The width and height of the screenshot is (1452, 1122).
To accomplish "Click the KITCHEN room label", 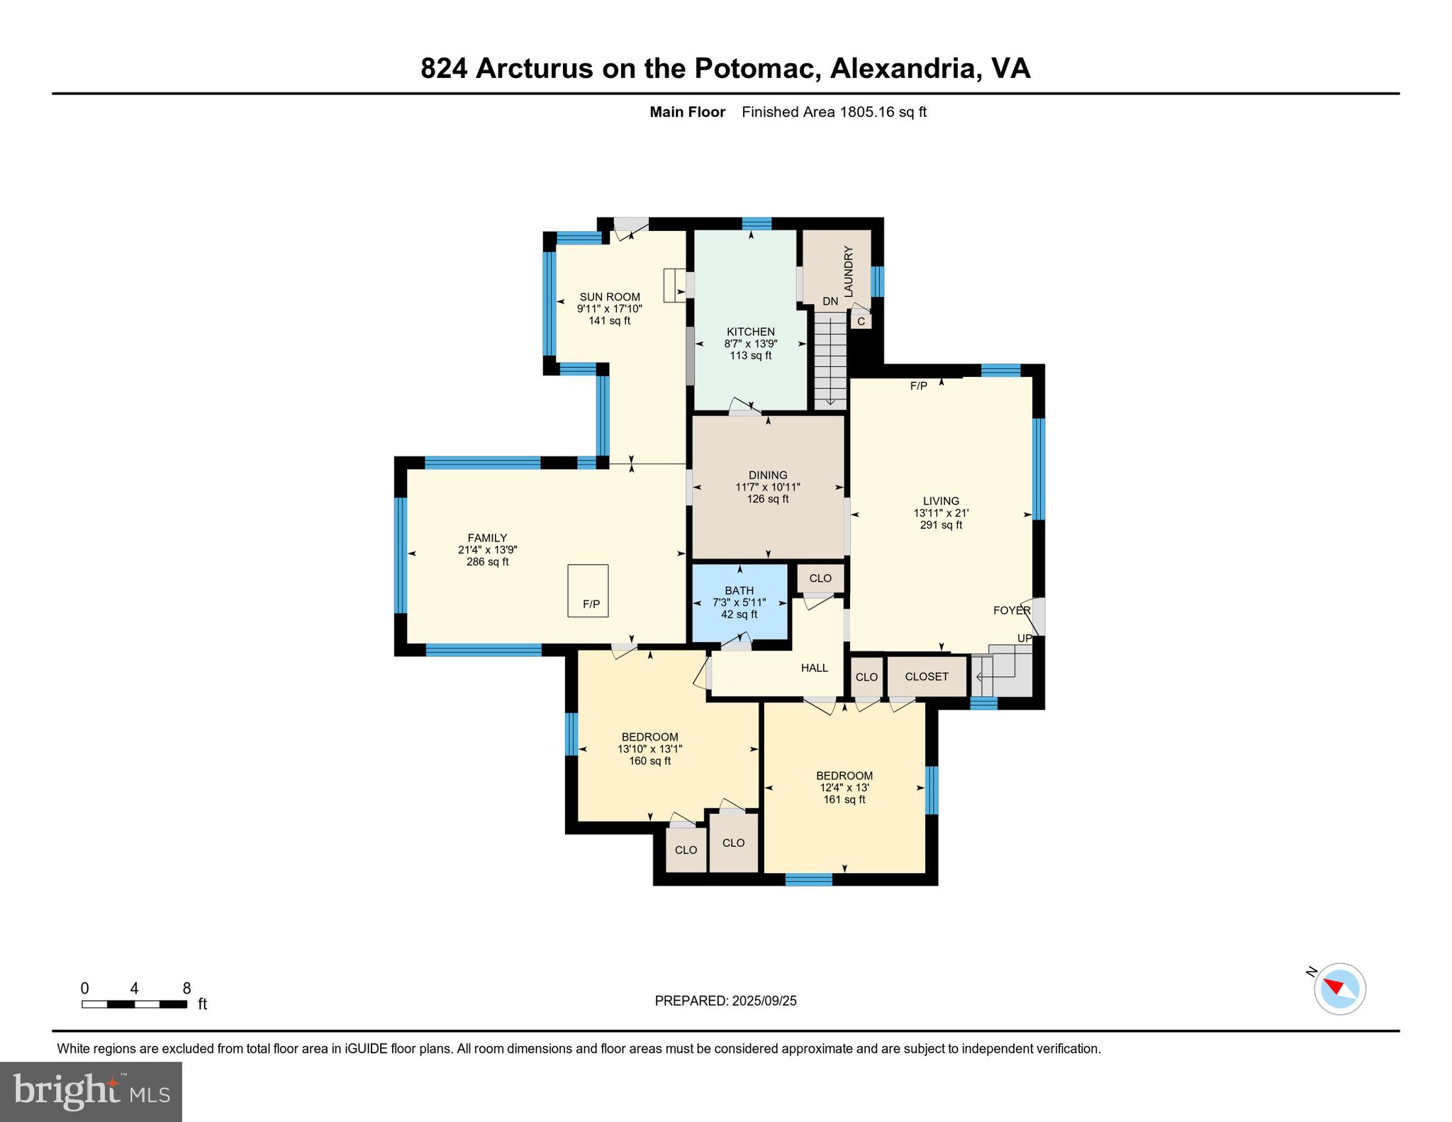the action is pyautogui.click(x=751, y=332).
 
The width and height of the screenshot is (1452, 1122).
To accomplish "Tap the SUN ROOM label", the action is pyautogui.click(x=610, y=297).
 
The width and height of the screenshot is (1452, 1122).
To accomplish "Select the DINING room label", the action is pyautogui.click(x=768, y=476).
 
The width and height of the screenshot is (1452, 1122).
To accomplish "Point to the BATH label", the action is pyautogui.click(x=739, y=590).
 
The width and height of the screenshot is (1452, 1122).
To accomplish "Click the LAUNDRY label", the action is pyautogui.click(x=848, y=271).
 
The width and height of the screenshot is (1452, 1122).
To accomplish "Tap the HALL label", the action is pyautogui.click(x=815, y=668).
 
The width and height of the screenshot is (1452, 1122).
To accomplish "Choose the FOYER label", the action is pyautogui.click(x=1012, y=610).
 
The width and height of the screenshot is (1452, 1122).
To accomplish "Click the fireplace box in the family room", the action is pyautogui.click(x=588, y=590).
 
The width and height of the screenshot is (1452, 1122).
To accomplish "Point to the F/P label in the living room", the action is pyautogui.click(x=919, y=386).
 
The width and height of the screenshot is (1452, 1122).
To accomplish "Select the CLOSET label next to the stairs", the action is pyautogui.click(x=927, y=676).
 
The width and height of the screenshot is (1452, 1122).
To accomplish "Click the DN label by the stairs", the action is pyautogui.click(x=830, y=301).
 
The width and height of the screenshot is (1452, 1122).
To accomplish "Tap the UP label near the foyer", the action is pyautogui.click(x=1024, y=639).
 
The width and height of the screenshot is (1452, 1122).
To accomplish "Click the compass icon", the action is pyautogui.click(x=1339, y=988).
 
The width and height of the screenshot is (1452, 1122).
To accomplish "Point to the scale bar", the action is pyautogui.click(x=135, y=1004).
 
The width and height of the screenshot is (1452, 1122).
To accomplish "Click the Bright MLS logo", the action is pyautogui.click(x=91, y=1092).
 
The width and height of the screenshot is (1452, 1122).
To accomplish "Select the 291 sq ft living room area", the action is pyautogui.click(x=941, y=525).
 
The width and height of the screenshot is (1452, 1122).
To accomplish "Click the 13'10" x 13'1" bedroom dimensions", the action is pyautogui.click(x=649, y=749).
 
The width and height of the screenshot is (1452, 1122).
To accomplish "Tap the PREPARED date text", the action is pyautogui.click(x=725, y=1001).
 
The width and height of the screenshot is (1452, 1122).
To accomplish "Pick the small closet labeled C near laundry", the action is pyautogui.click(x=861, y=321).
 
